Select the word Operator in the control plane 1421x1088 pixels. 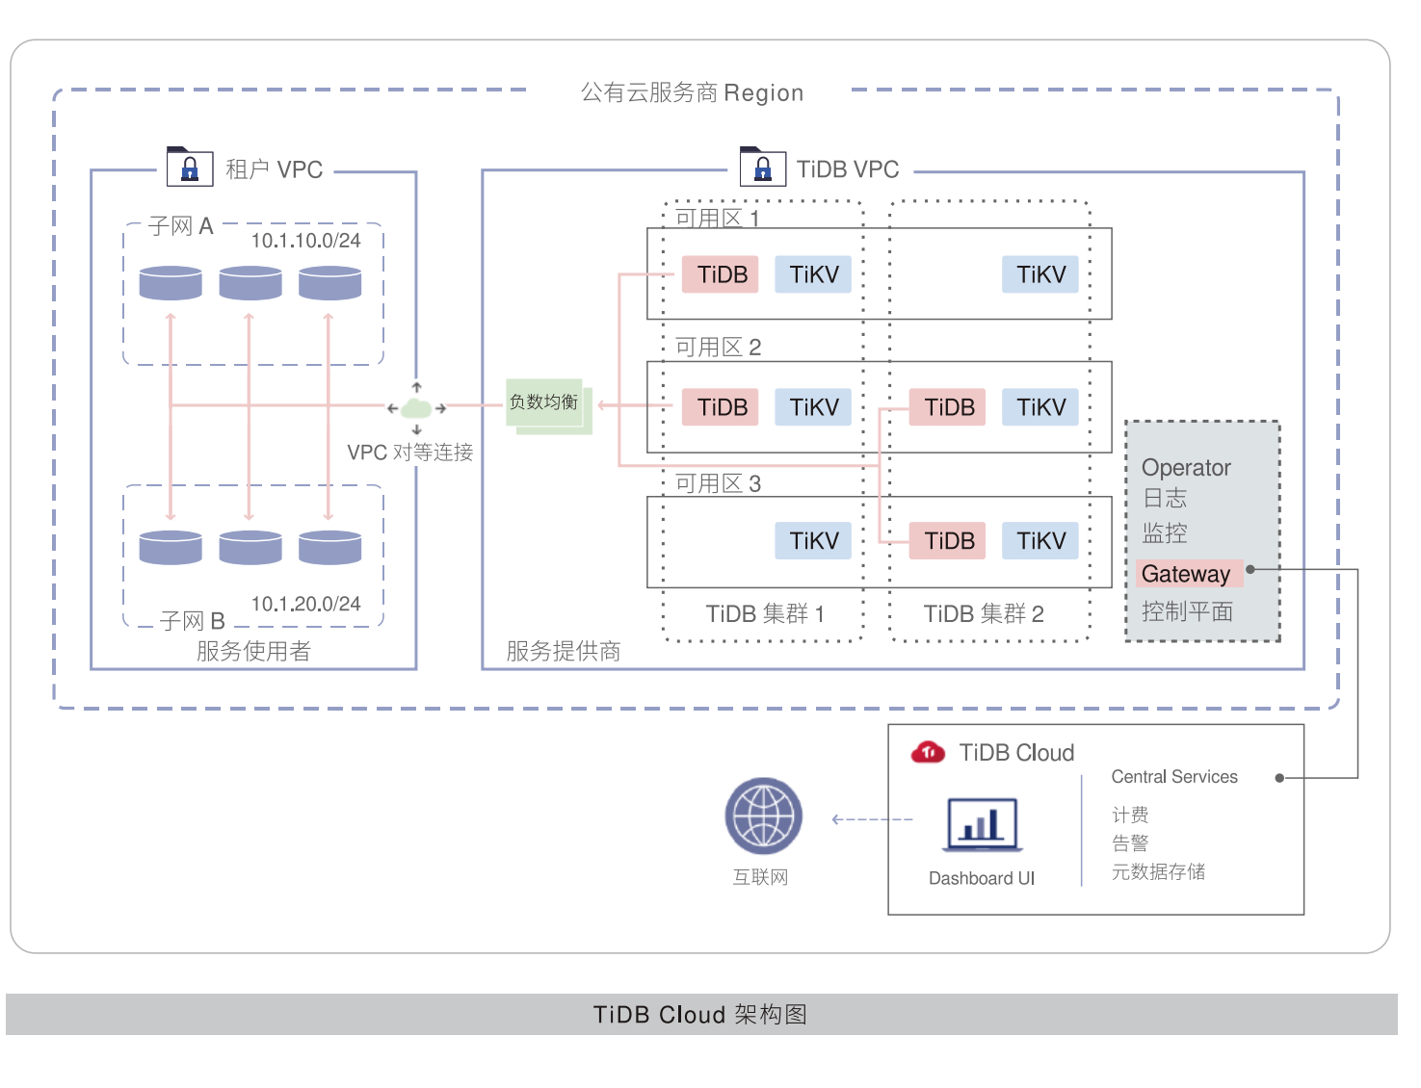(x=1186, y=468)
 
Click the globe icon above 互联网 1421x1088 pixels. (x=763, y=816)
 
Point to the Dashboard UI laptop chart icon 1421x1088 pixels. (x=982, y=825)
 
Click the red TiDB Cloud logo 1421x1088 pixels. (x=928, y=752)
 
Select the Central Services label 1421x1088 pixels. (x=1173, y=777)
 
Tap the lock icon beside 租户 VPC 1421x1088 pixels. (x=190, y=168)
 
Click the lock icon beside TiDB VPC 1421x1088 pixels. (x=763, y=168)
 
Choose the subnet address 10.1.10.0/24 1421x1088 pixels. (x=305, y=241)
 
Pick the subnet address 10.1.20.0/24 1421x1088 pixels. (x=305, y=604)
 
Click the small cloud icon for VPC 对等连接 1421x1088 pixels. (x=416, y=408)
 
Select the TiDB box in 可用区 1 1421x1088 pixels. (x=722, y=274)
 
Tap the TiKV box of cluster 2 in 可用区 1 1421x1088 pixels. (x=1040, y=274)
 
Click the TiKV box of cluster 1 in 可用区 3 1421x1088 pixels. (x=813, y=540)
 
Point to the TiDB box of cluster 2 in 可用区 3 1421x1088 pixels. (x=949, y=540)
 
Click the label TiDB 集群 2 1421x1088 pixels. (x=983, y=614)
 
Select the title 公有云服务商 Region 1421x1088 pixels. (x=691, y=92)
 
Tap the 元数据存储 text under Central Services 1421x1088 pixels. (x=1158, y=871)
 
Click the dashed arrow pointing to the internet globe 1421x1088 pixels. (x=872, y=819)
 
